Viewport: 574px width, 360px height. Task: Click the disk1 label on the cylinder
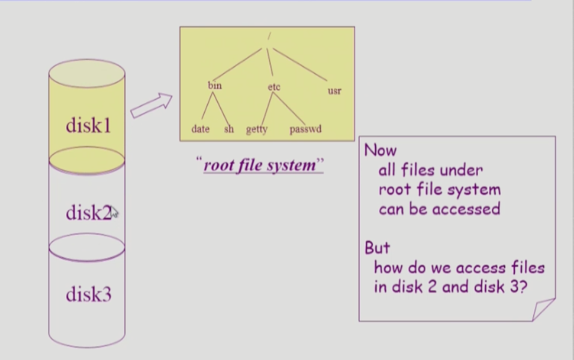88,125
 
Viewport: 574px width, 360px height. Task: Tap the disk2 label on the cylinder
88,213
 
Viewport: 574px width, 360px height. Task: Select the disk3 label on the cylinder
88,294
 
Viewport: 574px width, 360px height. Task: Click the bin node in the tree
215,85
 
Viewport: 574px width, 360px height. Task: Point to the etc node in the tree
274,87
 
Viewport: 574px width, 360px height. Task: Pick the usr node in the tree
334,91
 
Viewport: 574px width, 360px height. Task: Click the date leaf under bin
200,129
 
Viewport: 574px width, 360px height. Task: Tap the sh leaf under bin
229,129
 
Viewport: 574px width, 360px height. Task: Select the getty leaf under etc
256,129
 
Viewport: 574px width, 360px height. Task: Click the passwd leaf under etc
305,129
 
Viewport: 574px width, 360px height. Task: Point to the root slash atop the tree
269,36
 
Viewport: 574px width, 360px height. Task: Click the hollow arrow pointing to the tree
151,105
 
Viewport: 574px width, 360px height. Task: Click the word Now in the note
380,150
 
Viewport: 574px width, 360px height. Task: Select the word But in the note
377,248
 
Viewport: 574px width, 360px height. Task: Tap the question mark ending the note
523,286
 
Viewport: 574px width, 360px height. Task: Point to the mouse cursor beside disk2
114,212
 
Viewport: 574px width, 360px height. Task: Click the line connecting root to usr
300,64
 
